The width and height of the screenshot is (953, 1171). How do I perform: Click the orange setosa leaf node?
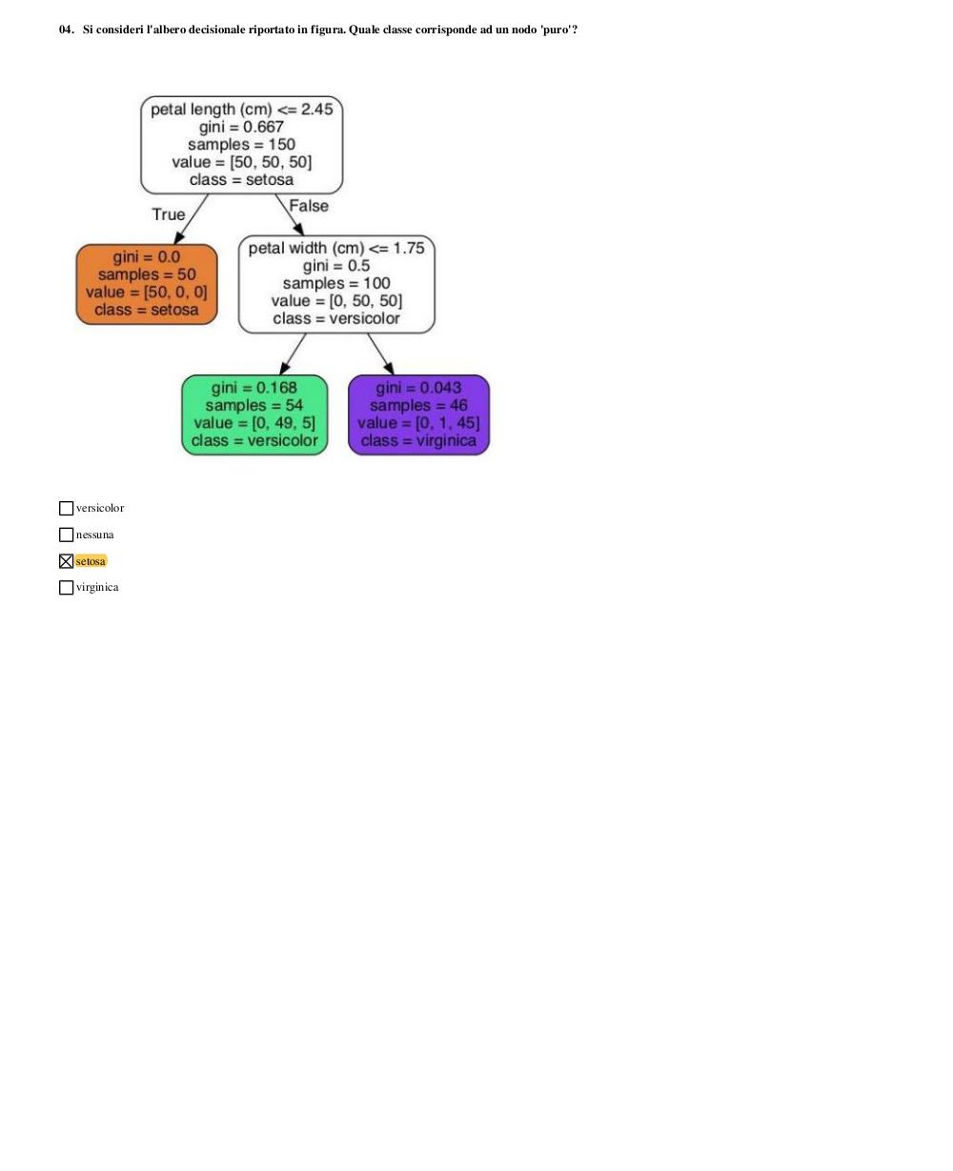[x=146, y=284]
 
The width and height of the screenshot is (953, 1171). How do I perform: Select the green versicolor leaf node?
[x=254, y=414]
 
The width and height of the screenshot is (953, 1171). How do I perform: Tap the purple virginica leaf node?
[x=418, y=414]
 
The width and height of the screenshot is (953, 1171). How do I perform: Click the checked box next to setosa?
[x=66, y=561]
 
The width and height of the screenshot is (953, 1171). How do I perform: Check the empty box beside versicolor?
[x=66, y=508]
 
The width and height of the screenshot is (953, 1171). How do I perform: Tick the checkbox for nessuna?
[x=66, y=535]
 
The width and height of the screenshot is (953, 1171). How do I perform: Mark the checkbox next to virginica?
[x=66, y=587]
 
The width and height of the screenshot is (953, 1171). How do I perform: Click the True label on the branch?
[x=169, y=213]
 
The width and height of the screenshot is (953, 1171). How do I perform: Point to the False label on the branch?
[x=309, y=206]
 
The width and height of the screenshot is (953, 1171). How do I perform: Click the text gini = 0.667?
[x=241, y=127]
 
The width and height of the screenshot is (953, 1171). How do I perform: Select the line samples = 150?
[x=241, y=144]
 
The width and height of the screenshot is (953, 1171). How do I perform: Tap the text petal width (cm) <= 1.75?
[x=336, y=248]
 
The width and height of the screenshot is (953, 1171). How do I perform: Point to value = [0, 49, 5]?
[x=254, y=423]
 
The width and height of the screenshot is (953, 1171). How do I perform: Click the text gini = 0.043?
[x=418, y=388]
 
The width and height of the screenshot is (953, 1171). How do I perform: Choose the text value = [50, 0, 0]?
[x=146, y=292]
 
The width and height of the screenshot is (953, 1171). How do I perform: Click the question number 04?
[x=66, y=30]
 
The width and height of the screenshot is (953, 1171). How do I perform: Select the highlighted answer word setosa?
[x=91, y=561]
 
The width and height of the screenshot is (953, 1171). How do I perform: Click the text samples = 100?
[x=336, y=283]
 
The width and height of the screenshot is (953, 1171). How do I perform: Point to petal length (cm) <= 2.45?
[x=241, y=110]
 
